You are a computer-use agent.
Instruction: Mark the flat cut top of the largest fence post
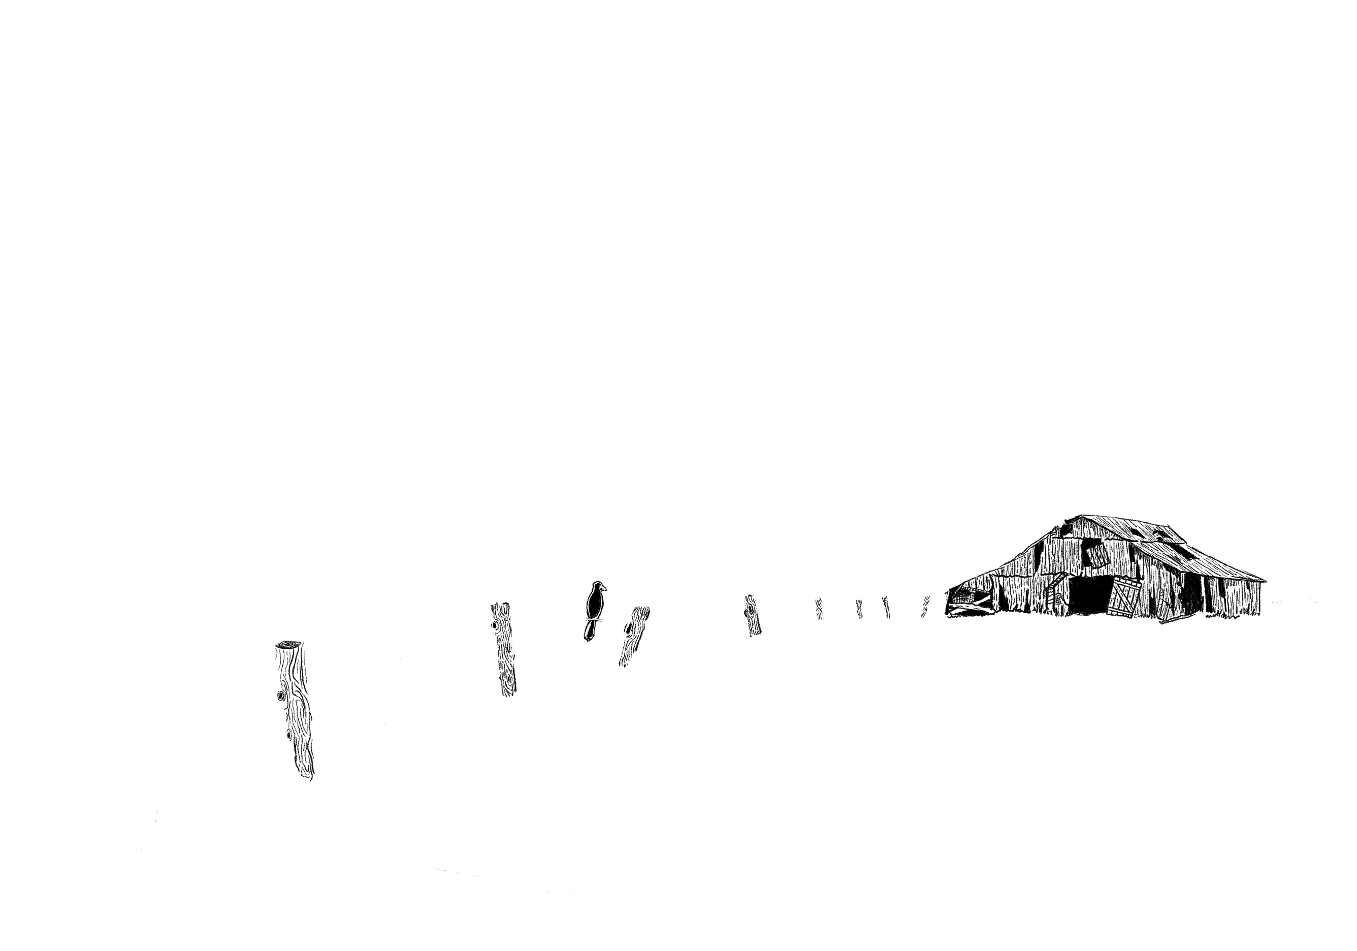point(288,644)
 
